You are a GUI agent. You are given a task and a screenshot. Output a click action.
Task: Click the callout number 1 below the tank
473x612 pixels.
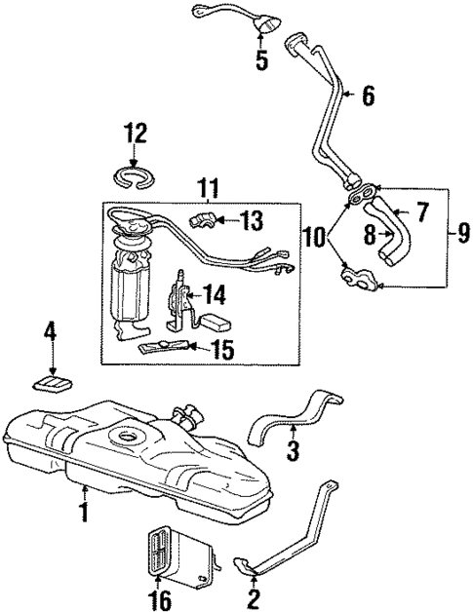84,511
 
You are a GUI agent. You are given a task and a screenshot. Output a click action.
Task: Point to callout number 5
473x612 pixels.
261,60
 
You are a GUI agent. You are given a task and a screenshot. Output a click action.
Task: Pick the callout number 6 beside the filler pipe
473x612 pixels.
367,96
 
